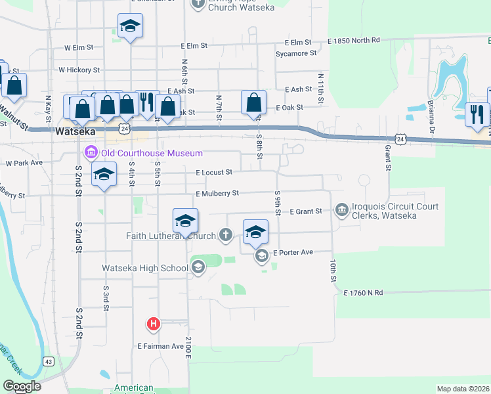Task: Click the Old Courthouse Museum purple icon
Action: pyautogui.click(x=91, y=154)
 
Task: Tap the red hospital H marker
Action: pyautogui.click(x=154, y=324)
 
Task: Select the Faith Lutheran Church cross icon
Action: pyautogui.click(x=226, y=234)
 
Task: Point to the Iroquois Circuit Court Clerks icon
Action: pyautogui.click(x=341, y=211)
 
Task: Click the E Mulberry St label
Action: pyautogui.click(x=217, y=194)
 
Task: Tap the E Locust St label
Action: pyautogui.click(x=214, y=173)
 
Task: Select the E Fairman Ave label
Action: pyautogui.click(x=160, y=346)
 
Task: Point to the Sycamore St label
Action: pyautogui.click(x=296, y=53)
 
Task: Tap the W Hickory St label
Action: pyautogui.click(x=79, y=70)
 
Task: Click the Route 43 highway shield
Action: pyautogui.click(x=49, y=362)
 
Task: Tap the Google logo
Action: pyautogui.click(x=22, y=386)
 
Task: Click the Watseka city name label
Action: pyautogui.click(x=77, y=131)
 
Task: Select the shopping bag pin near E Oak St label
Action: pyautogui.click(x=254, y=102)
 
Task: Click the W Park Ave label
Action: pyautogui.click(x=24, y=162)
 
